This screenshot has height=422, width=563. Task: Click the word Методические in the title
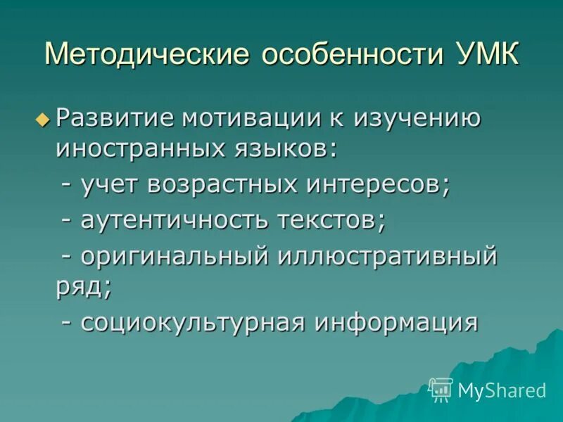(x=147, y=55)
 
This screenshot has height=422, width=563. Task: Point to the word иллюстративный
(x=387, y=256)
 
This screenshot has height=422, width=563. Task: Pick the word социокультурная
(x=192, y=322)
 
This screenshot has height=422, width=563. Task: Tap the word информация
(x=396, y=322)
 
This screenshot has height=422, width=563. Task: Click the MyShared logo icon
(x=441, y=389)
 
